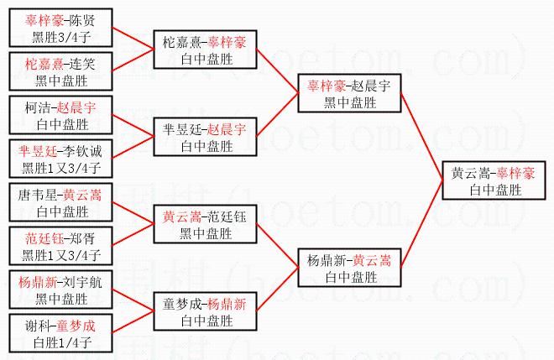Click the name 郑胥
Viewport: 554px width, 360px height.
pyautogui.click(x=81, y=239)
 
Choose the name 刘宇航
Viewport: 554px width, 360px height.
pyautogui.click(x=81, y=283)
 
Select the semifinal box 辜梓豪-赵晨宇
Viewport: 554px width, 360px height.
pyautogui.click(x=349, y=93)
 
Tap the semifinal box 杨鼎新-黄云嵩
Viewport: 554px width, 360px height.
pyautogui.click(x=349, y=268)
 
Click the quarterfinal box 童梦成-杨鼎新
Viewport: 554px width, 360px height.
pyautogui.click(x=205, y=311)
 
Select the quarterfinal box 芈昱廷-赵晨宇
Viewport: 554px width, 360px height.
pyautogui.click(x=205, y=137)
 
